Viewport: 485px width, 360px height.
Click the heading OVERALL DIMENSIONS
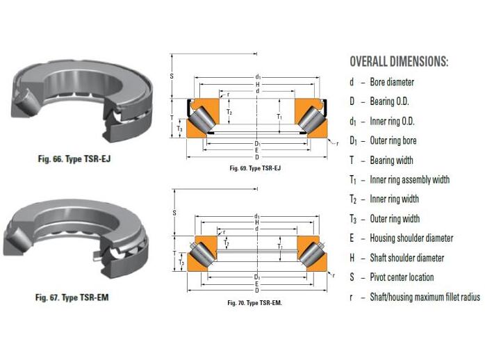click(398, 61)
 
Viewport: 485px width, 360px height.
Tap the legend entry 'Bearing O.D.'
click(394, 101)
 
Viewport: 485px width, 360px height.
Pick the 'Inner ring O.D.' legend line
click(397, 121)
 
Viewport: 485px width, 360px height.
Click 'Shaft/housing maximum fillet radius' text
click(425, 297)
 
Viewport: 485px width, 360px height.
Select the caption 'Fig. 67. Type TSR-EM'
click(72, 298)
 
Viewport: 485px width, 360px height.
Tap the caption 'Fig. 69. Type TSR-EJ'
click(254, 168)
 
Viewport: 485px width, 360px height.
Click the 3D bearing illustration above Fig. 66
click(76, 101)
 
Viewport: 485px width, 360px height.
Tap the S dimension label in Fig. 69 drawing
click(172, 76)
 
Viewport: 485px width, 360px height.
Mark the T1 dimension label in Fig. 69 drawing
click(279, 116)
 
